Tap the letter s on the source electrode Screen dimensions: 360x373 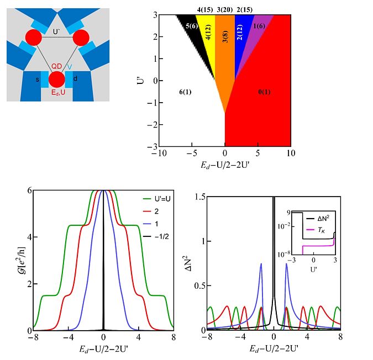pos(37,80)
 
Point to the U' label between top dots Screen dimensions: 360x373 pos(56,31)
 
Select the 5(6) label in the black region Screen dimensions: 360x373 pos(192,26)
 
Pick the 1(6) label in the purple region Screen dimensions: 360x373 pos(258,26)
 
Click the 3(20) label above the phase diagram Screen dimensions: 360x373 pos(224,9)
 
